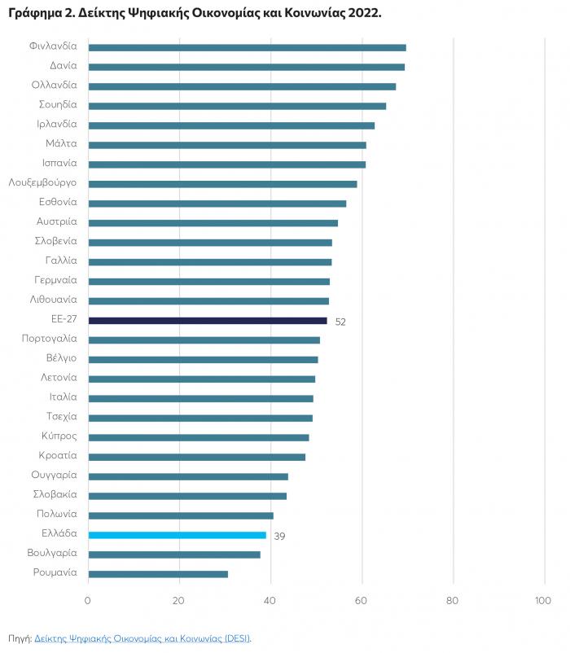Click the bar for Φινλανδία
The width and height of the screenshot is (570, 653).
pos(247,47)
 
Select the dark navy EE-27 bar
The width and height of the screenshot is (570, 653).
pos(208,321)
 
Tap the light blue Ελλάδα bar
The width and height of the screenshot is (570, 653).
pos(177,535)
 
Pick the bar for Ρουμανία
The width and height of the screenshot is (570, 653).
pos(158,574)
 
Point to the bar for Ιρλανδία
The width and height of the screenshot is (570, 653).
pos(231,125)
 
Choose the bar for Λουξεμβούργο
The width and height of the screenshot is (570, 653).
pos(222,184)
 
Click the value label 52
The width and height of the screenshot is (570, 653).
pos(340,322)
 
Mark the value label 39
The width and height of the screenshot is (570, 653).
pos(279,537)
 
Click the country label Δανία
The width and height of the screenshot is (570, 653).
pos(63,66)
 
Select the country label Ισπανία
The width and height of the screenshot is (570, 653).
pos(59,163)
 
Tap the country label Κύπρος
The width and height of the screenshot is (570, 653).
pos(59,436)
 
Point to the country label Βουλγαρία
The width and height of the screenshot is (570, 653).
pos(52,553)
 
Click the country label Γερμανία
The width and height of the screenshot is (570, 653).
pos(56,280)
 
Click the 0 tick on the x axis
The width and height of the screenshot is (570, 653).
pos(88,601)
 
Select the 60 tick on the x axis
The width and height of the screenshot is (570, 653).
pos(362,601)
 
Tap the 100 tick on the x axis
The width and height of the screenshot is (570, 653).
pos(542,601)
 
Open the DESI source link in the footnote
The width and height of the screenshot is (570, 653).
pos(142,638)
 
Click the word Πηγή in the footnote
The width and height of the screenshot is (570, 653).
pos(19,638)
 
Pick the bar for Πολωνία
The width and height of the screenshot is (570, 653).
pos(181,515)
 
